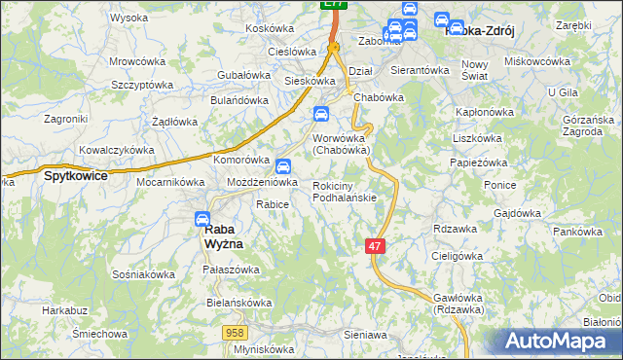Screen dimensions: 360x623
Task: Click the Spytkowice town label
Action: coord(74,177)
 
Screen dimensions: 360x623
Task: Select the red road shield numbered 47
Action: coord(376,247)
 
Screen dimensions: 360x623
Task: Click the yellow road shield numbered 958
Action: coord(235,333)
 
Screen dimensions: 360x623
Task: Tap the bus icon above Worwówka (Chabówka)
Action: coord(320,116)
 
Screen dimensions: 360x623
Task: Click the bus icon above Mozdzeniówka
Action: coord(282,166)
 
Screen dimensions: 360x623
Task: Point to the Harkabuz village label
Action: coord(62,311)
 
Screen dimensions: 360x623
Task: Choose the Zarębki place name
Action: coord(574,23)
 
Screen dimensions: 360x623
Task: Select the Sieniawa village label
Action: coord(365,335)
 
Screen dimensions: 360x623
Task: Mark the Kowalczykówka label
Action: coord(117,151)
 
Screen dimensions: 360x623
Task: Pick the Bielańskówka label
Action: coord(238,303)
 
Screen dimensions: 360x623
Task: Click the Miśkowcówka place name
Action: coord(538,61)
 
